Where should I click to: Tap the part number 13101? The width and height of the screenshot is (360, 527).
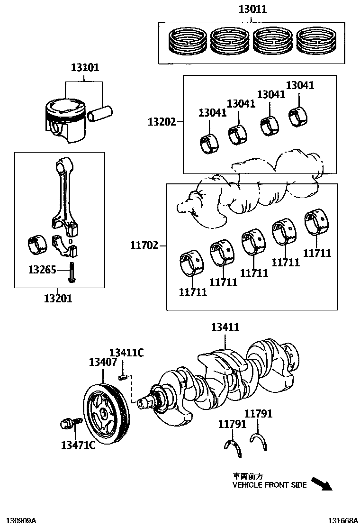pyautogui.click(x=85, y=67)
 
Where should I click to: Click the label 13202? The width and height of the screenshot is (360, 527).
pyautogui.click(x=162, y=122)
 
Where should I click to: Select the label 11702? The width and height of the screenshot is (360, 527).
pyautogui.click(x=144, y=245)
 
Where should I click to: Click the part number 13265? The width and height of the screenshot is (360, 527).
pyautogui.click(x=42, y=270)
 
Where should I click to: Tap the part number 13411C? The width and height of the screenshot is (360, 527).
pyautogui.click(x=126, y=353)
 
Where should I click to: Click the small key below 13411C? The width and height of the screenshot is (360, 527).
pyautogui.click(x=122, y=377)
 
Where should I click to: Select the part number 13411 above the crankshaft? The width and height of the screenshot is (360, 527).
pyautogui.click(x=225, y=327)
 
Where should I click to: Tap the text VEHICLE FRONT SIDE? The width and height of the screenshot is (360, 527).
pyautogui.click(x=270, y=485)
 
